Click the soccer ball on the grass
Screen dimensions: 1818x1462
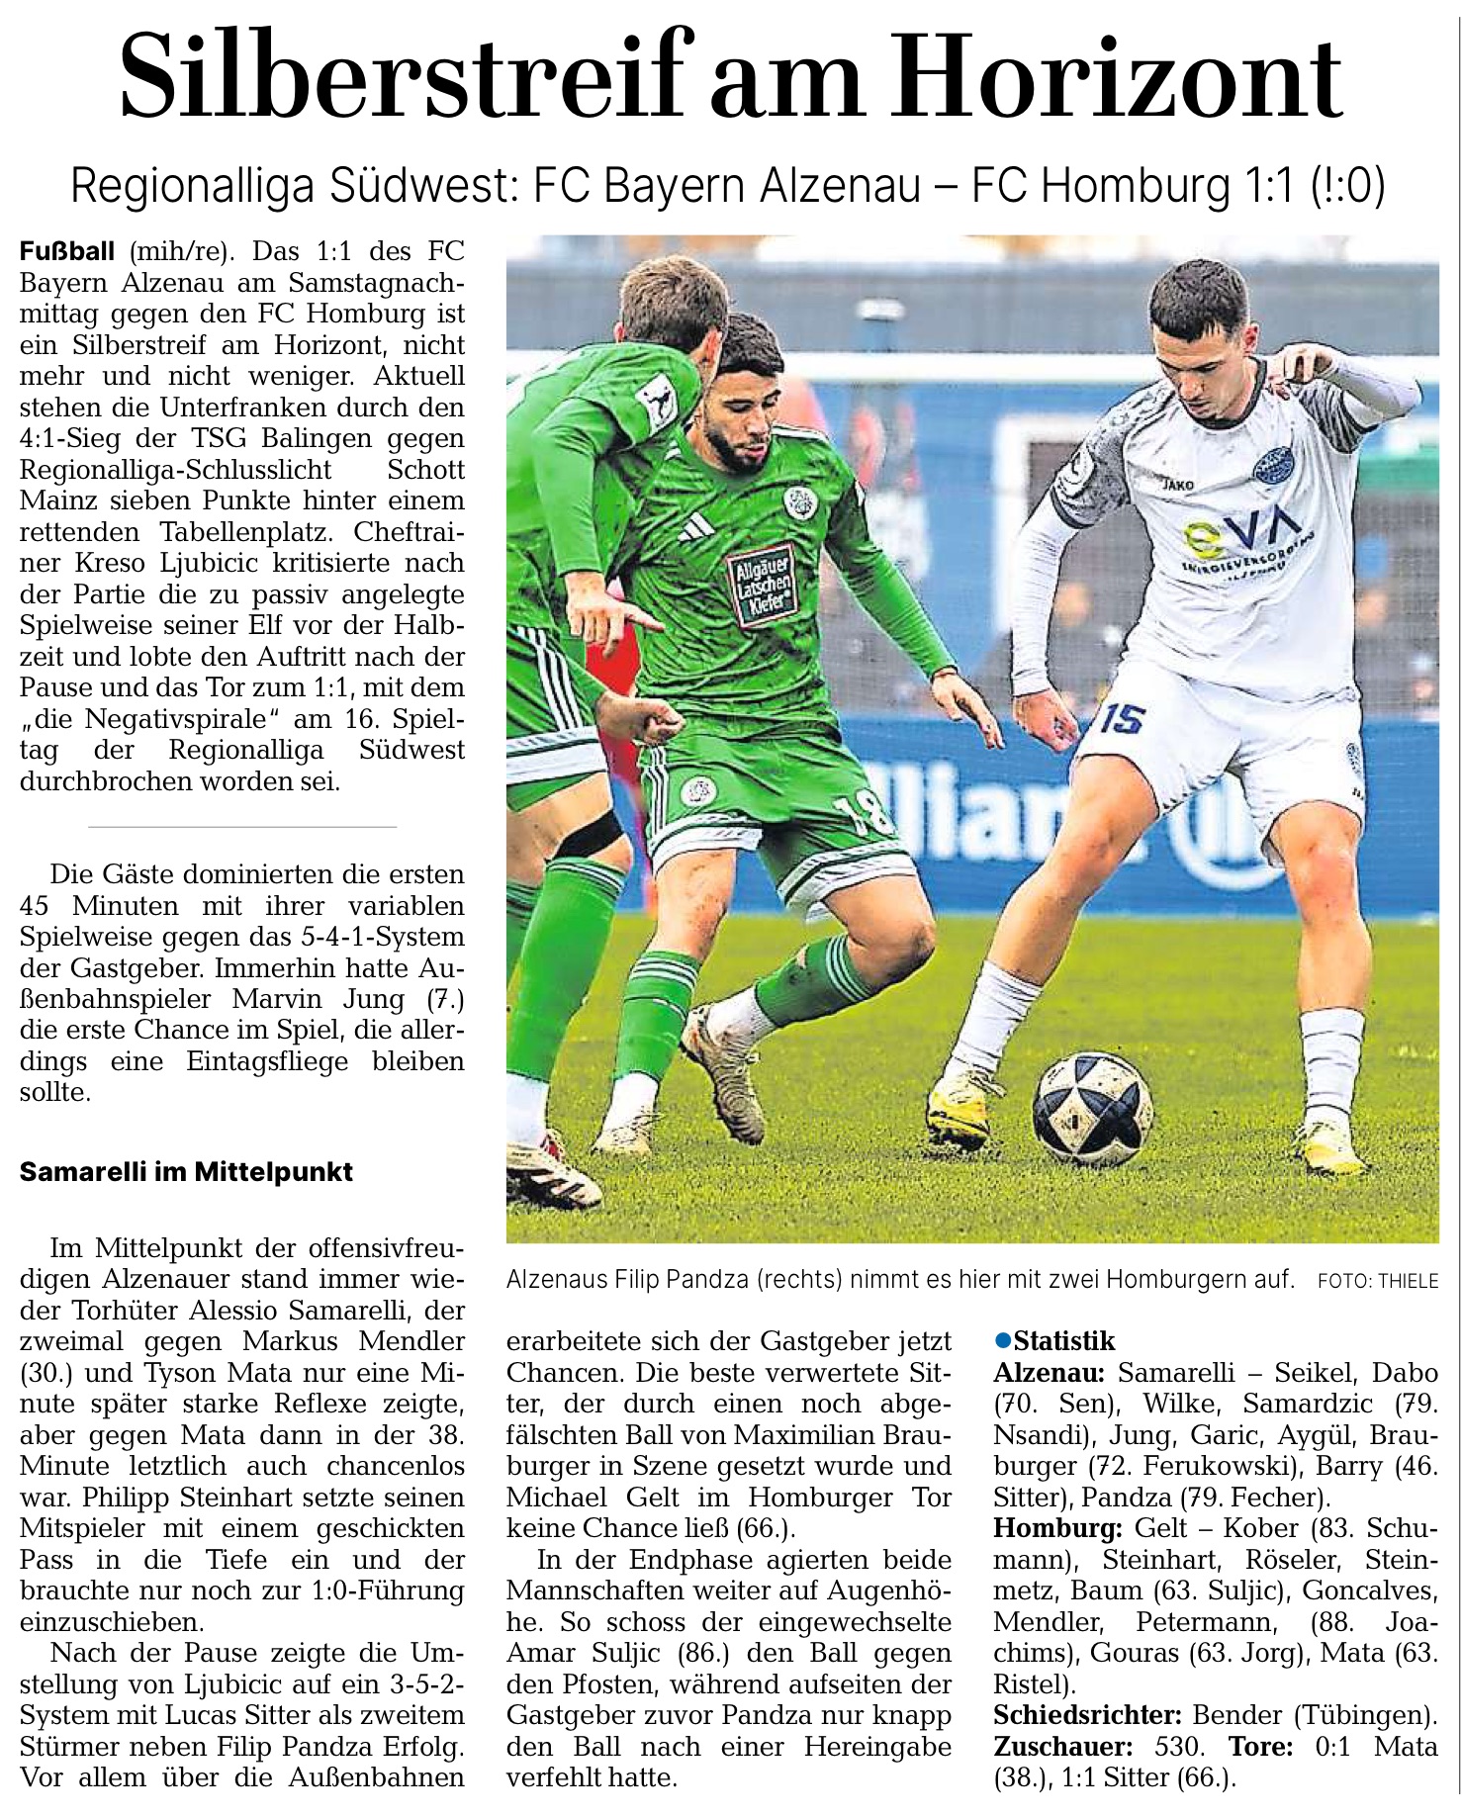[x=1092, y=1108]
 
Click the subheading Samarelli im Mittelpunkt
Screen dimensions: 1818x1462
[x=186, y=1172]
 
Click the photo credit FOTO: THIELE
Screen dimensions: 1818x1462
[x=1378, y=1281]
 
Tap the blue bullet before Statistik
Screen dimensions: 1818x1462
[x=1003, y=1340]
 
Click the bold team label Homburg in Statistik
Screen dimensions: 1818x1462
[x=1056, y=1528]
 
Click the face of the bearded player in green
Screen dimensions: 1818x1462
[x=742, y=420]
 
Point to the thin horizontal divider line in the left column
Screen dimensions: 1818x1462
[x=242, y=826]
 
